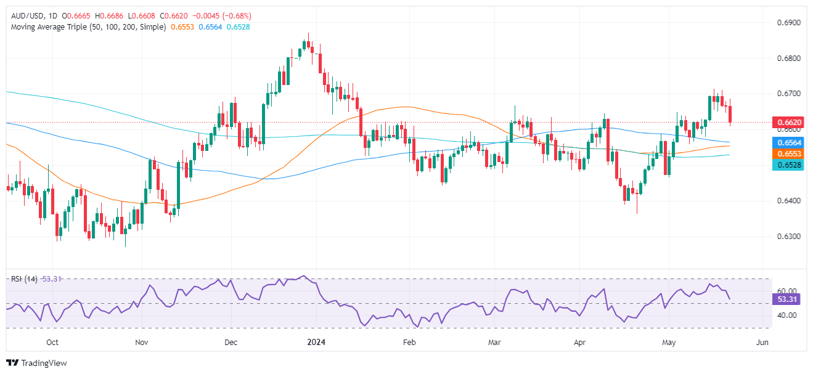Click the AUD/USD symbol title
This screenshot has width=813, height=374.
[x=29, y=15]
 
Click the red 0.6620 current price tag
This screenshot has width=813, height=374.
[x=786, y=123]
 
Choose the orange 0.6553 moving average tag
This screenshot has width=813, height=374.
[x=786, y=153]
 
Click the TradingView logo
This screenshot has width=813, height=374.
[x=36, y=363]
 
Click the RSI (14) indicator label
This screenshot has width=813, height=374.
[x=25, y=279]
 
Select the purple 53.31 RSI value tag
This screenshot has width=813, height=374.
[x=786, y=299]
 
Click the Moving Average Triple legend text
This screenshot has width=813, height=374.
[x=86, y=27]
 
